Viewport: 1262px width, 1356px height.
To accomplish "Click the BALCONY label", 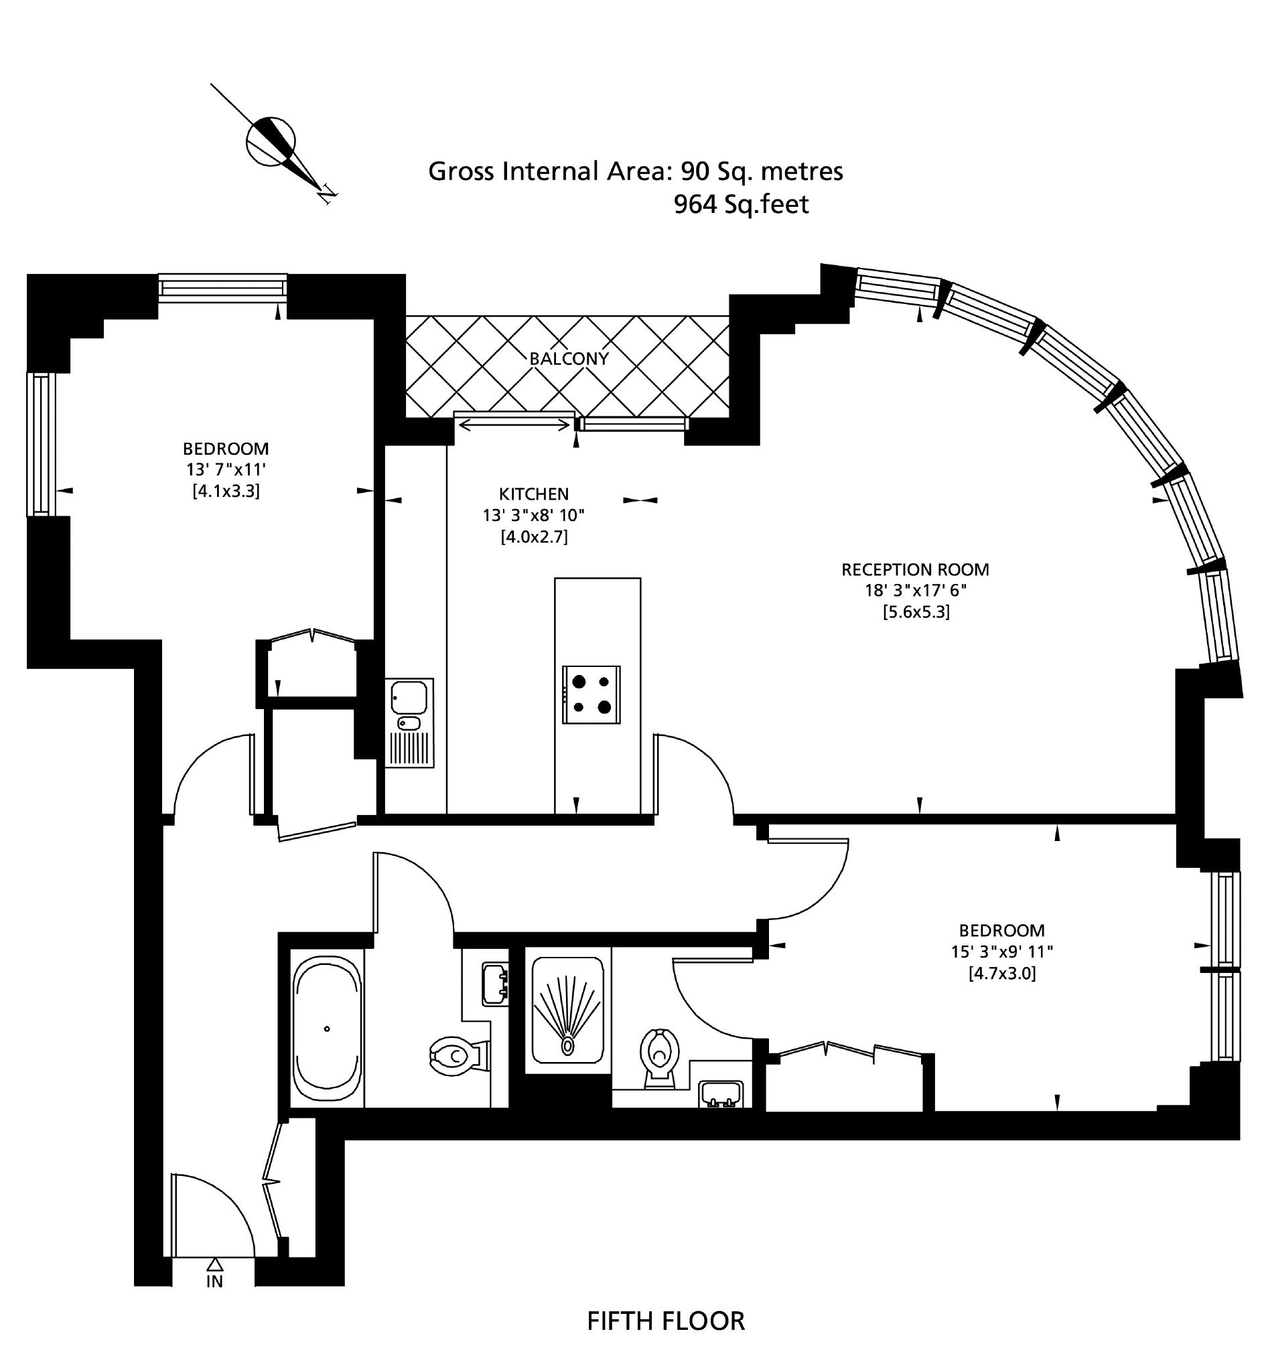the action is click(x=568, y=359).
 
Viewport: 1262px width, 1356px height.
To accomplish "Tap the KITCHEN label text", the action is click(x=533, y=494).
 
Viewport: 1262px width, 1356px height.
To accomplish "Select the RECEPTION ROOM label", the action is click(x=915, y=570).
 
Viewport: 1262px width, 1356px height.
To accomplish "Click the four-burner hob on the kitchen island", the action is click(x=591, y=694).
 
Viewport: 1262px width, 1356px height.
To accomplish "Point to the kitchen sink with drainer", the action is click(x=409, y=723).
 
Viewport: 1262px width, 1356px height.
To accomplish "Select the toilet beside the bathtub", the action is click(x=460, y=1057).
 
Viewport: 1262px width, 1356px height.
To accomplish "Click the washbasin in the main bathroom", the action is click(x=495, y=983).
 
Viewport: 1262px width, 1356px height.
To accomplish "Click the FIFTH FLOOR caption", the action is click(x=666, y=1321).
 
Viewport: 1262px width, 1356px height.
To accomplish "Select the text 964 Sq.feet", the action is click(x=741, y=204).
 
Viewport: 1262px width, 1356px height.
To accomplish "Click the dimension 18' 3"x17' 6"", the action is click(x=916, y=591).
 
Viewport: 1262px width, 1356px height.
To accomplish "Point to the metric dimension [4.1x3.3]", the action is click(x=226, y=490).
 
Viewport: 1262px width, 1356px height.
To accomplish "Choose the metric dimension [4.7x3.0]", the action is click(x=1002, y=974).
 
